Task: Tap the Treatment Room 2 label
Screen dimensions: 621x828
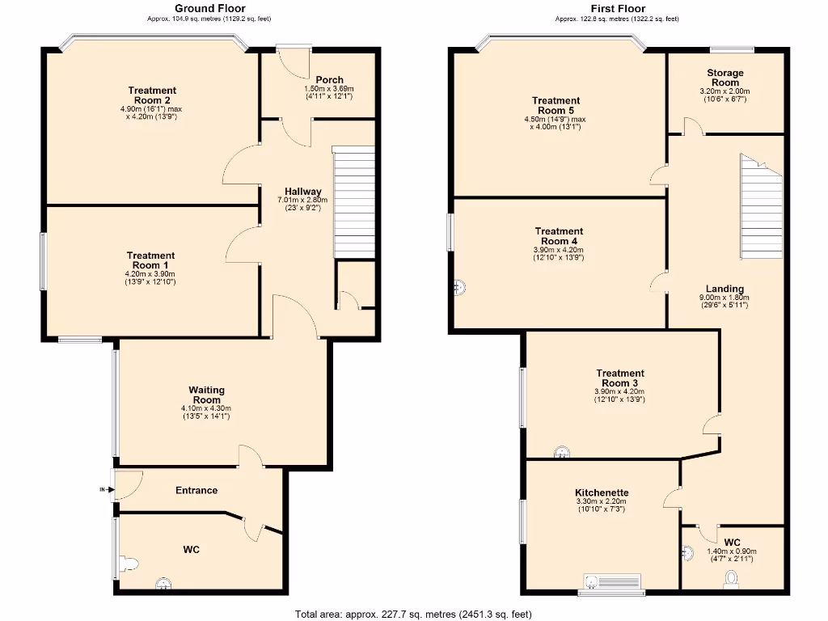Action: pos(151,95)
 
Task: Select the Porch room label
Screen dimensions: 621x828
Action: pos(329,79)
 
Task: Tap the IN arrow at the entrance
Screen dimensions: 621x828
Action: pos(103,489)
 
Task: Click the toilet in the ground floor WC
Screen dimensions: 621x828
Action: pos(129,563)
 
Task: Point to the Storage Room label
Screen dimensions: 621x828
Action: pos(724,78)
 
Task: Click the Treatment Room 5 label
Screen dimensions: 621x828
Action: pos(556,106)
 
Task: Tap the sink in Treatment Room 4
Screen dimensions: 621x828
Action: pos(459,286)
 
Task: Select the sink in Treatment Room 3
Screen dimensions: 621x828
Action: pos(560,453)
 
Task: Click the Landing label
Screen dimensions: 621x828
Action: pos(724,289)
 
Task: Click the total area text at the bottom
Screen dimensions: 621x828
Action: pos(413,614)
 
